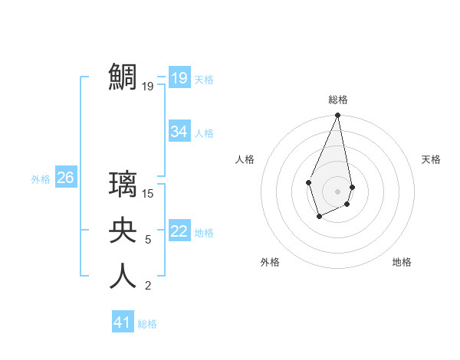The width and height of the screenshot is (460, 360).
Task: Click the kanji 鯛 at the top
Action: click(x=123, y=77)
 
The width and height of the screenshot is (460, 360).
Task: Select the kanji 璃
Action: click(x=123, y=184)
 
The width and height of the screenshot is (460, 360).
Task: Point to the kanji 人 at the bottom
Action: click(x=123, y=276)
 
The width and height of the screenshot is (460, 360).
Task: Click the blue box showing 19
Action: click(x=179, y=78)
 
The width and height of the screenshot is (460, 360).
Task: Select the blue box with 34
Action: click(x=179, y=132)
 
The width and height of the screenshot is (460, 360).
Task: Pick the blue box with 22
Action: click(x=179, y=231)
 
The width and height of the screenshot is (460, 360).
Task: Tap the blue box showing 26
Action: click(x=65, y=178)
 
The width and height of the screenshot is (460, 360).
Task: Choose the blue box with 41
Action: click(x=123, y=322)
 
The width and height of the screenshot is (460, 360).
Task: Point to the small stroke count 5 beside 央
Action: click(x=148, y=240)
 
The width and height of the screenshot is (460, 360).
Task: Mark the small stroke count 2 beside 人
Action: click(x=148, y=286)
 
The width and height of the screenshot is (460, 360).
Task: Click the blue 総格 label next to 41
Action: click(x=147, y=324)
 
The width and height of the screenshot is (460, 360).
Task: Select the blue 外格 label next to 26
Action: click(x=41, y=179)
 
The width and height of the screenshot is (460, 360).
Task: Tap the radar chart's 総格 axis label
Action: click(x=338, y=100)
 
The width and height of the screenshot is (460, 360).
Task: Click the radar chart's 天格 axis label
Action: click(x=432, y=159)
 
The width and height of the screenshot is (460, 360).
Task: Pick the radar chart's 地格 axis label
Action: click(x=402, y=262)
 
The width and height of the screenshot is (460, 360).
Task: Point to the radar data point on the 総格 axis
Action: click(x=337, y=116)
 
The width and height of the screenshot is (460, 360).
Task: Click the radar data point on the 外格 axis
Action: click(x=319, y=218)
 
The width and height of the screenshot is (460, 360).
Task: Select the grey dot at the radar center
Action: click(x=337, y=191)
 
